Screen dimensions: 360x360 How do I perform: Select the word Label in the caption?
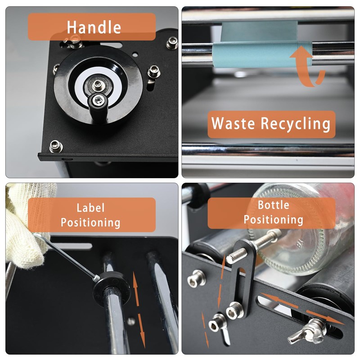click(90, 207)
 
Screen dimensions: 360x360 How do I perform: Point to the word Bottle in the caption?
click(273, 205)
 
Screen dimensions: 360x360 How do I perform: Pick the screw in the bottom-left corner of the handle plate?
click(56, 145)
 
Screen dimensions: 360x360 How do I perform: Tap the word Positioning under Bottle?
click(273, 220)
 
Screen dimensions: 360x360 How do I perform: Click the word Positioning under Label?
click(90, 222)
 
